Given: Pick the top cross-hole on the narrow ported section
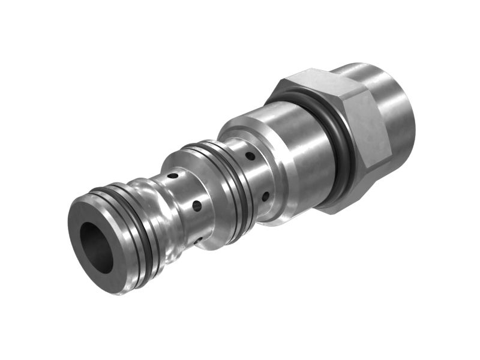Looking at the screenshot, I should tap(173, 176).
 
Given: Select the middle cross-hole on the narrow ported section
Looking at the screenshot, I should tap(196, 206).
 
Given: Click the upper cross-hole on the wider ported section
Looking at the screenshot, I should tap(250, 156).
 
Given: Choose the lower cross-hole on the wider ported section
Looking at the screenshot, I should tap(265, 195).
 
